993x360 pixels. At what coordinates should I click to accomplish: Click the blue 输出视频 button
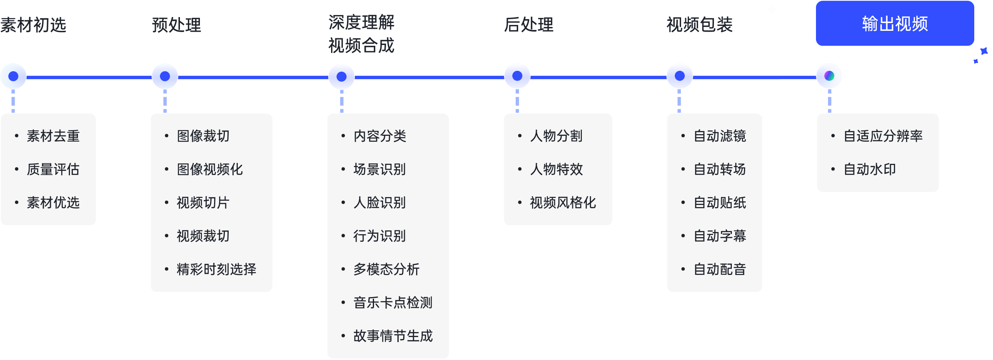[895, 23]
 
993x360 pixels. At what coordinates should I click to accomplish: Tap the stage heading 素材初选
[33, 25]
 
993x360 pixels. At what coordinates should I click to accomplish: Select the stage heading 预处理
[177, 25]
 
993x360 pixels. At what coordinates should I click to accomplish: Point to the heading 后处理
[529, 25]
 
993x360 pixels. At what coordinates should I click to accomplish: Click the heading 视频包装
[700, 25]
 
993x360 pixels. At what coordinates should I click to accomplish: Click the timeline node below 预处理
[165, 76]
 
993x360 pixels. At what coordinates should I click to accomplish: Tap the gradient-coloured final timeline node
[829, 76]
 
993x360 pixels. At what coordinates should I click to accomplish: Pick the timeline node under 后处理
[517, 76]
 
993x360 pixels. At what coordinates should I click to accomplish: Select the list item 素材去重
[53, 136]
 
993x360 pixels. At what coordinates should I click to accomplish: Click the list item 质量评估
[53, 169]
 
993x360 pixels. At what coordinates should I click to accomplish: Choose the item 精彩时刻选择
[216, 269]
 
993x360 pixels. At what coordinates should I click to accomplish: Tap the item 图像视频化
[210, 169]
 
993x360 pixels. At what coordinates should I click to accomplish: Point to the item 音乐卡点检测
[393, 302]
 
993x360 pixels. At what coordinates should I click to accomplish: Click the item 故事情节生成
[393, 336]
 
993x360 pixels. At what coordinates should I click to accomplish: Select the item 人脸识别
[379, 202]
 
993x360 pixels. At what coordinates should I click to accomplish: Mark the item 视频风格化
[563, 202]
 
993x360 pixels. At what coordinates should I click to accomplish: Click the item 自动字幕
[720, 236]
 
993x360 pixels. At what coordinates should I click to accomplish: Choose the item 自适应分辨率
[883, 136]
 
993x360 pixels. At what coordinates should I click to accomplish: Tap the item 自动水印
[870, 169]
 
